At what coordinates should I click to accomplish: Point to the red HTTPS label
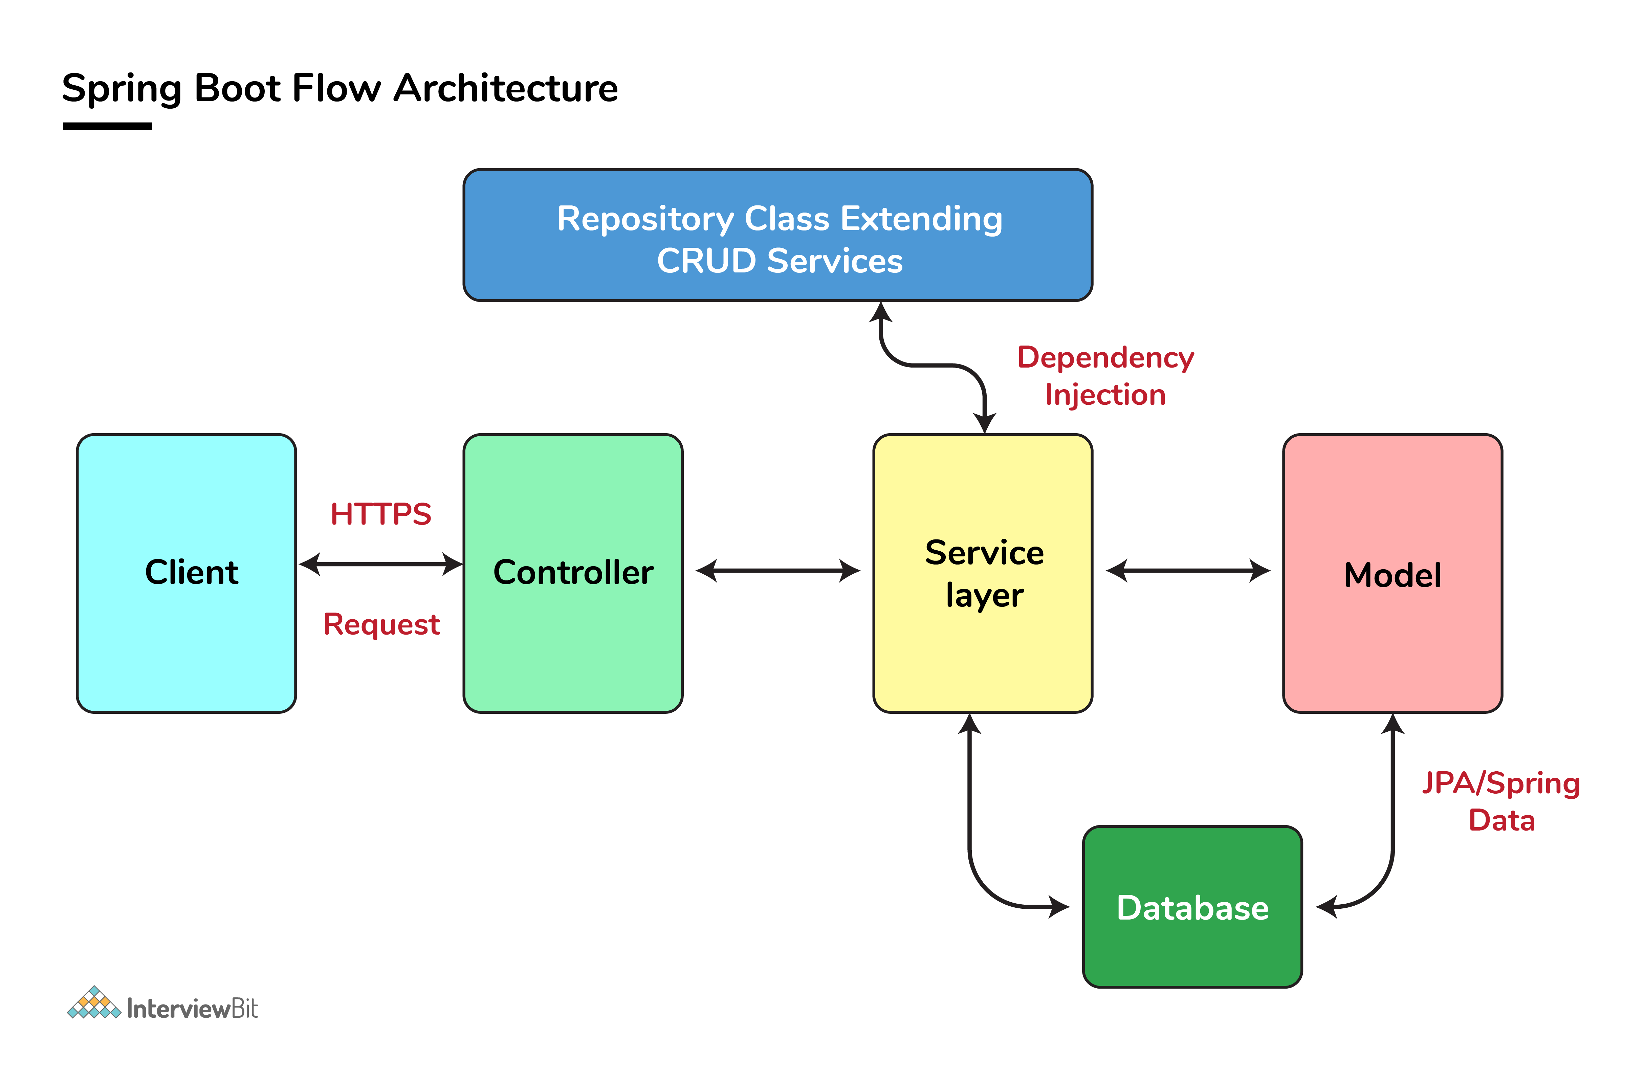[380, 514]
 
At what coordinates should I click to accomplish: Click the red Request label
[381, 624]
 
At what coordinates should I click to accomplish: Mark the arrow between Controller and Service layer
[778, 570]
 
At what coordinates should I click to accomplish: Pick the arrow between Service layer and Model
[1188, 570]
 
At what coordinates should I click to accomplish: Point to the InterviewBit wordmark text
[192, 1009]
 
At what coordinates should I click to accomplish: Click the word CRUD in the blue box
[706, 261]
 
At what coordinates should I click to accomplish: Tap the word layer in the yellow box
[984, 595]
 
